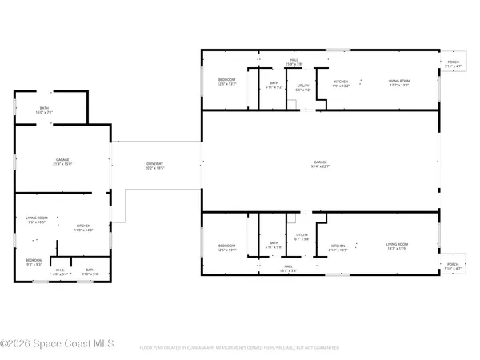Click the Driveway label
pos(154,166)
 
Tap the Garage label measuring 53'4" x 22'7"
pos(320,166)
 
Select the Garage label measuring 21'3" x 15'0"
pos(62,162)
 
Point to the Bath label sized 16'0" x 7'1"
pos(45,110)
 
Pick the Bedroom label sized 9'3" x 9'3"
pos(34,261)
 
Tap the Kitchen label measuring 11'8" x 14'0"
pos(85,228)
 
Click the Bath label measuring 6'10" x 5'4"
pos(90,271)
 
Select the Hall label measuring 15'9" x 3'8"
pos(294,61)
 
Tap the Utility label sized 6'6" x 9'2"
pos(302,87)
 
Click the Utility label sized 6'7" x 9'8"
pos(302,237)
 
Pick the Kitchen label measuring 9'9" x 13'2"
pos(342,83)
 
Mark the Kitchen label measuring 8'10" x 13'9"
pos(338,247)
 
